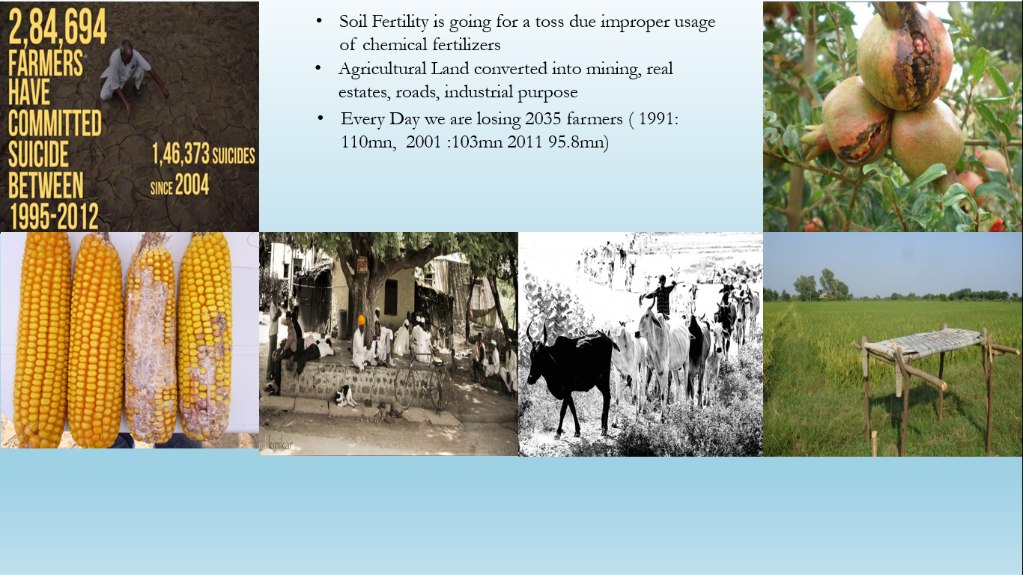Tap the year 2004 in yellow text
(192, 184)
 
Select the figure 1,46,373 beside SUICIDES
(180, 153)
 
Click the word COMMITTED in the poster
(55, 123)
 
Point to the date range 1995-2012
(55, 216)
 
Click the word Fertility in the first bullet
(400, 22)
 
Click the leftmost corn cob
(43, 339)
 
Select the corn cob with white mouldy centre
(151, 337)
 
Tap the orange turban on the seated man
(362, 320)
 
